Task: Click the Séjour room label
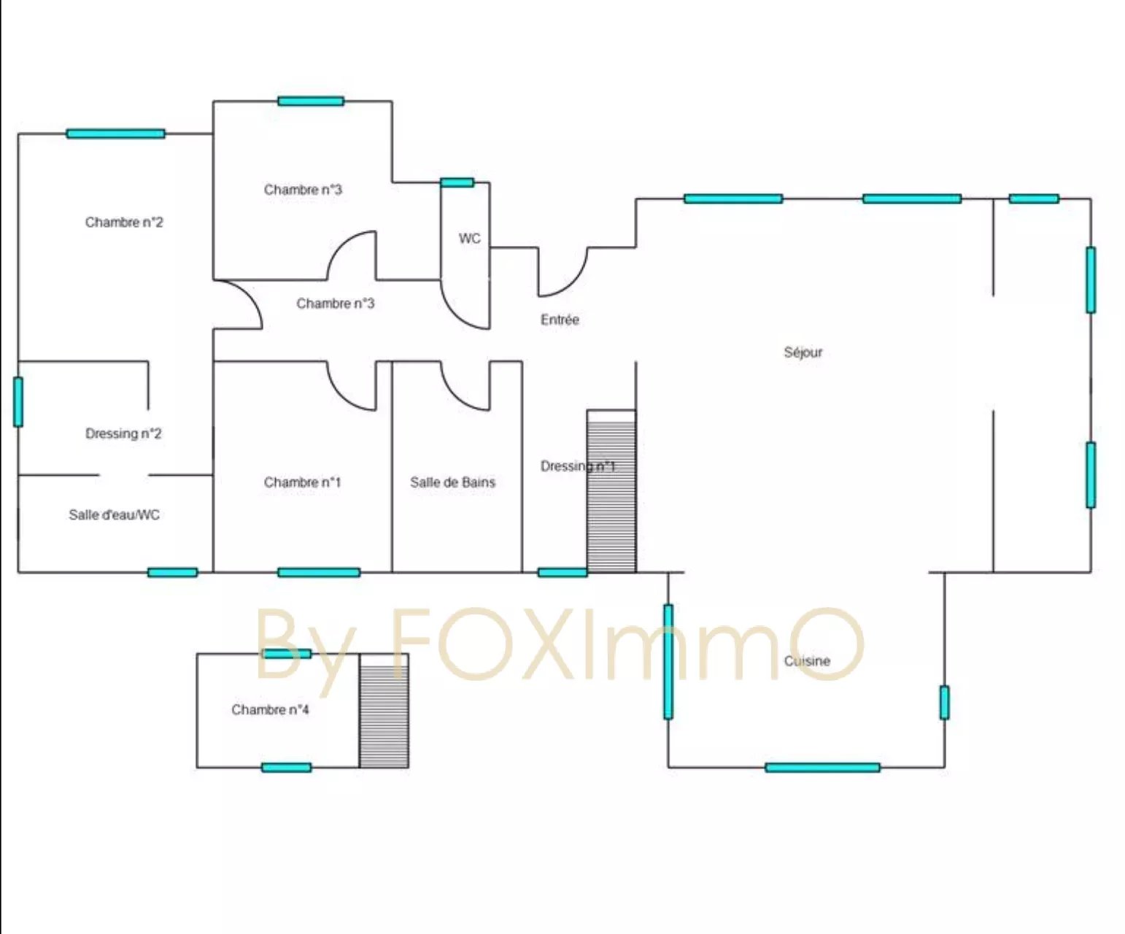pyautogui.click(x=803, y=352)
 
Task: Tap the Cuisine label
pyautogui.click(x=807, y=661)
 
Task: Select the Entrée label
pyautogui.click(x=560, y=320)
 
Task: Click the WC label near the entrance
pyautogui.click(x=469, y=238)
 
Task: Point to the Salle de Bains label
pyautogui.click(x=452, y=482)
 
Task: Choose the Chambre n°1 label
pyautogui.click(x=302, y=482)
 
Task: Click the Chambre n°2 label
pyautogui.click(x=124, y=222)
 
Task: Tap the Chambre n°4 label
pyautogui.click(x=270, y=710)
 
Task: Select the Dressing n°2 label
pyautogui.click(x=123, y=434)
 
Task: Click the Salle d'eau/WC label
pyautogui.click(x=115, y=514)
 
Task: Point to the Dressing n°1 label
pyautogui.click(x=578, y=466)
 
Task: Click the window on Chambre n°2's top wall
pyautogui.click(x=116, y=134)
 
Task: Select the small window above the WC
pyautogui.click(x=457, y=182)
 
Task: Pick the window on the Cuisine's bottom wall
pyautogui.click(x=822, y=768)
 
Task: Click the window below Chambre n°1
pyautogui.click(x=319, y=572)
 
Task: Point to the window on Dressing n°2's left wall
pyautogui.click(x=18, y=402)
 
